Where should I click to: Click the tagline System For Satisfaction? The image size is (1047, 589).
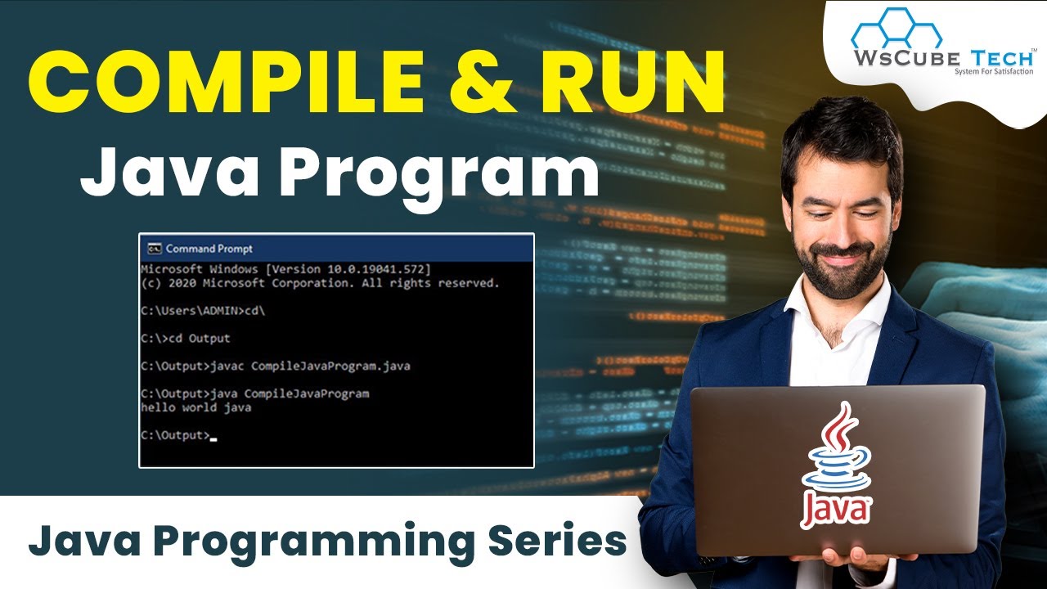(993, 72)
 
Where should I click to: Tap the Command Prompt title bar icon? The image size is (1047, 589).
(153, 249)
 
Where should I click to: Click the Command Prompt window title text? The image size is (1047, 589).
(209, 249)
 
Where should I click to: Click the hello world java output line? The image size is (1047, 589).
(195, 407)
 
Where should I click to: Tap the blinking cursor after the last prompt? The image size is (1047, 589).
(213, 438)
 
